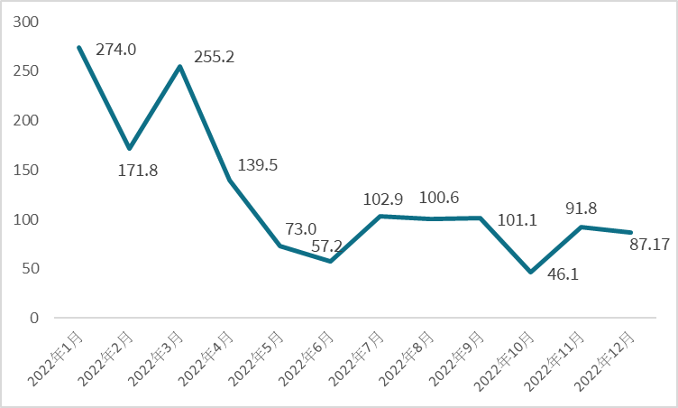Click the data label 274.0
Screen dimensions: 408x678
pos(116,50)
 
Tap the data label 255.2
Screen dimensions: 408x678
pos(215,56)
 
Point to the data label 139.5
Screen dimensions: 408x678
pos(258,165)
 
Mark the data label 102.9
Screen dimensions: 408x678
pos(380,198)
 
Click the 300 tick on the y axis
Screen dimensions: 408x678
pos(30,22)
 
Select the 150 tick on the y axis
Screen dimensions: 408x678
pos(30,170)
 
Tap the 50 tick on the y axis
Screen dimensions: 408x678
pos(34,269)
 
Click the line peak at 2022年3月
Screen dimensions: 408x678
pos(179,66)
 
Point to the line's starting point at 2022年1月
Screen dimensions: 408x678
pos(79,47)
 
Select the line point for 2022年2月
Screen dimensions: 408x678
pos(130,148)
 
